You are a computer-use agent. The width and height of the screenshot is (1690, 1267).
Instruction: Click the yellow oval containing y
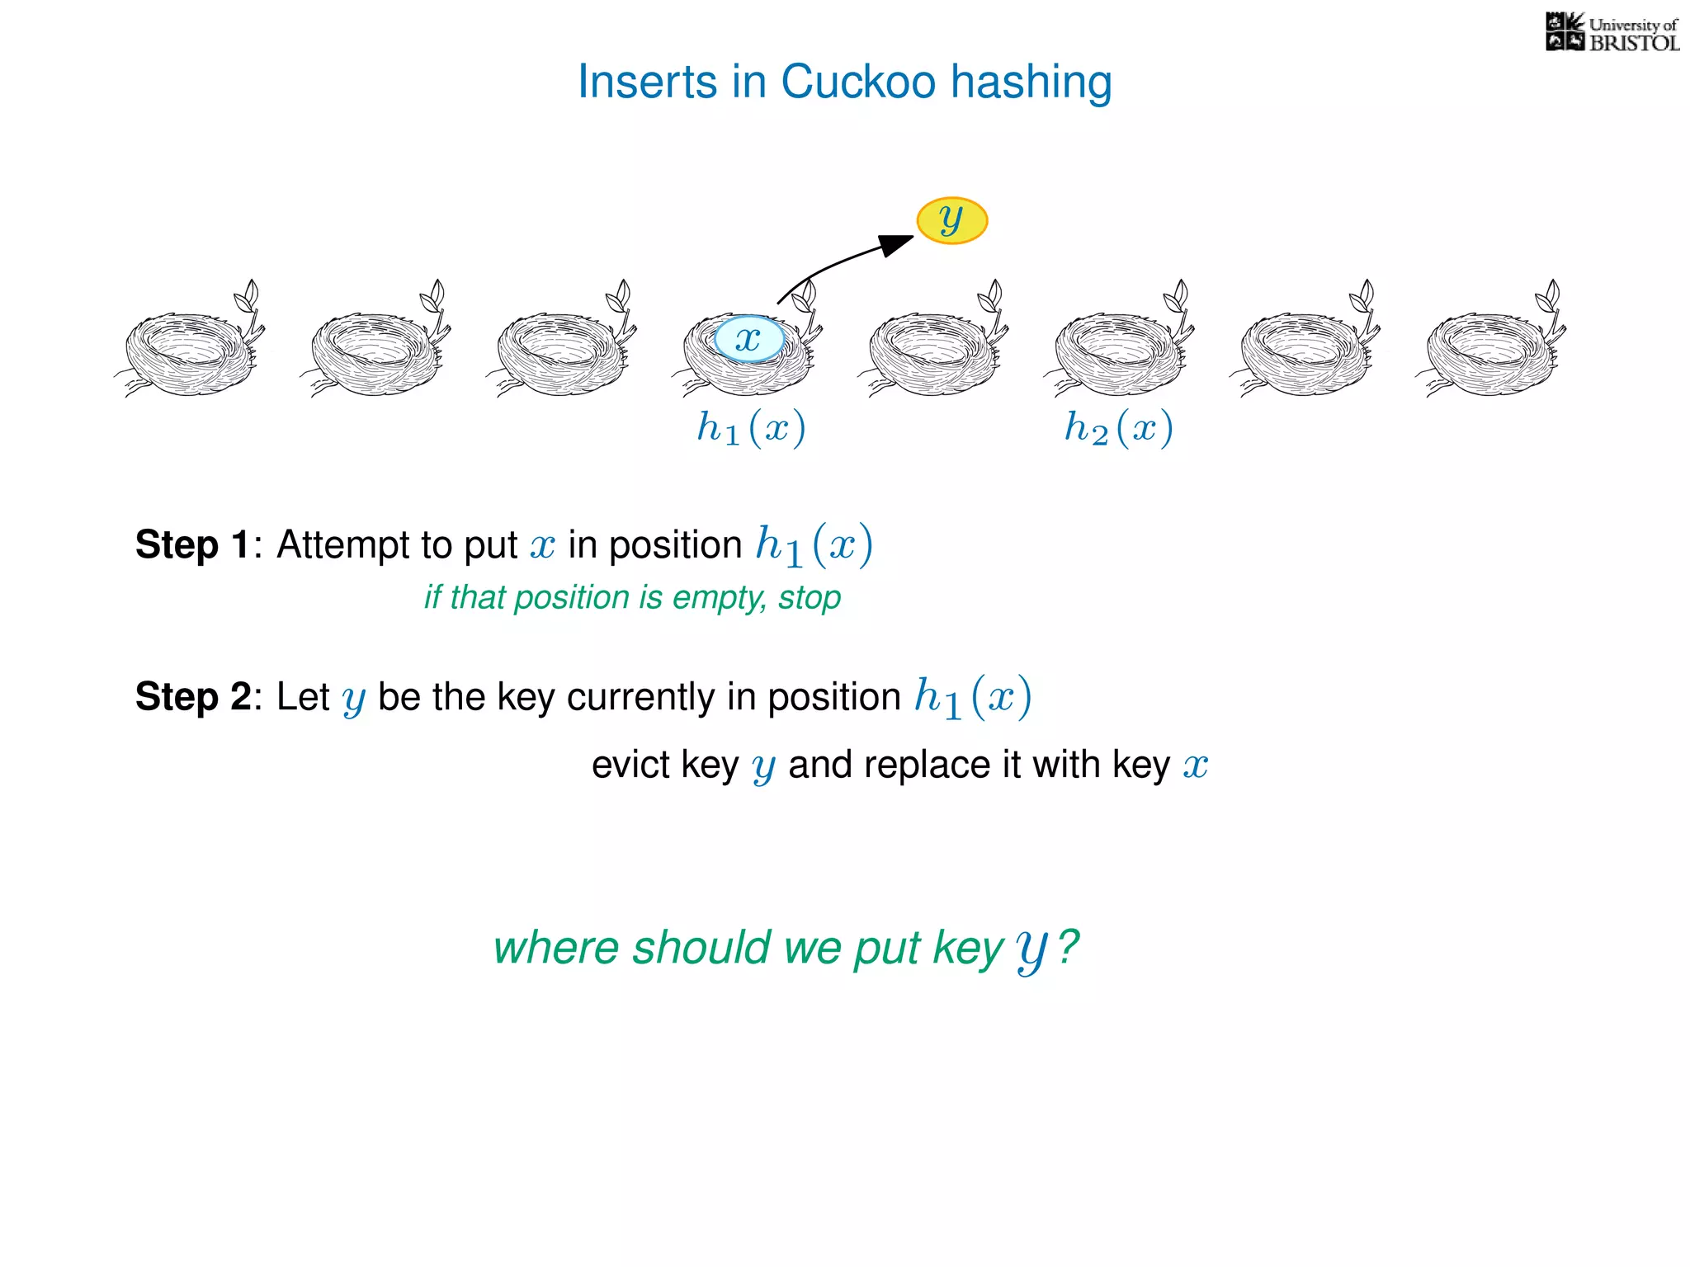click(x=951, y=220)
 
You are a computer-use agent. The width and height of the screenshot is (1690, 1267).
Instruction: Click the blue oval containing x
click(x=748, y=339)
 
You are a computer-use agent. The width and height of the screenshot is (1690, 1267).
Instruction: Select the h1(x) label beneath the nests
click(x=751, y=428)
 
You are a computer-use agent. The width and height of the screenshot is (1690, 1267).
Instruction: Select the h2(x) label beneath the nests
click(x=1118, y=428)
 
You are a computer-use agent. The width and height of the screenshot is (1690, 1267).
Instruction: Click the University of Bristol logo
click(x=1612, y=33)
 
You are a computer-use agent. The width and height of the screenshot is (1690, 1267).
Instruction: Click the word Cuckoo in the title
click(x=858, y=82)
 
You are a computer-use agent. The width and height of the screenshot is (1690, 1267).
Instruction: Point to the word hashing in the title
click(x=1031, y=82)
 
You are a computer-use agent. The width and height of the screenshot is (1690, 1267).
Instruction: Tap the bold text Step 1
click(x=192, y=544)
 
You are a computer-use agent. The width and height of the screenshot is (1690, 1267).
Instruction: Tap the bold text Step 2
click(x=192, y=696)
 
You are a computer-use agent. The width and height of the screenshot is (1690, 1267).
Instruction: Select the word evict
click(x=630, y=765)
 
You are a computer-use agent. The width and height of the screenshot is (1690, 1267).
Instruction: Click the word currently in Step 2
click(x=641, y=697)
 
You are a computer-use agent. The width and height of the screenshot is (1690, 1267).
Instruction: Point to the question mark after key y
click(x=1068, y=946)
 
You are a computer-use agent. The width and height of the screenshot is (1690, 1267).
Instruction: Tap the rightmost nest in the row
click(x=1490, y=351)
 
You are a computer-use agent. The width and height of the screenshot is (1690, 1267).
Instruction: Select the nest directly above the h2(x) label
click(x=1119, y=351)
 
